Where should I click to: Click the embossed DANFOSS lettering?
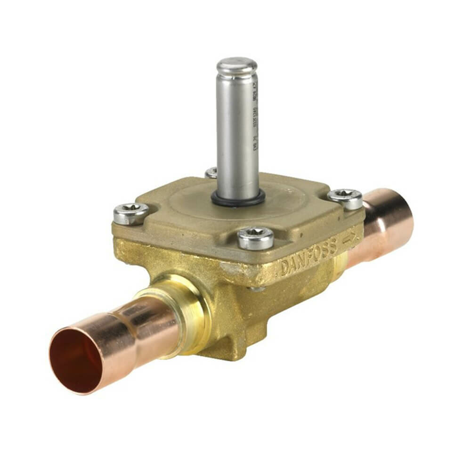[309, 257]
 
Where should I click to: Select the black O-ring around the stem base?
[238, 199]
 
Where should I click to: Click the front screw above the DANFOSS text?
[255, 237]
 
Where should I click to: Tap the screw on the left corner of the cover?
[131, 212]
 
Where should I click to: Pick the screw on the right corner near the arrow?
[345, 198]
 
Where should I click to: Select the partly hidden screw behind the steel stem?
[211, 173]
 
